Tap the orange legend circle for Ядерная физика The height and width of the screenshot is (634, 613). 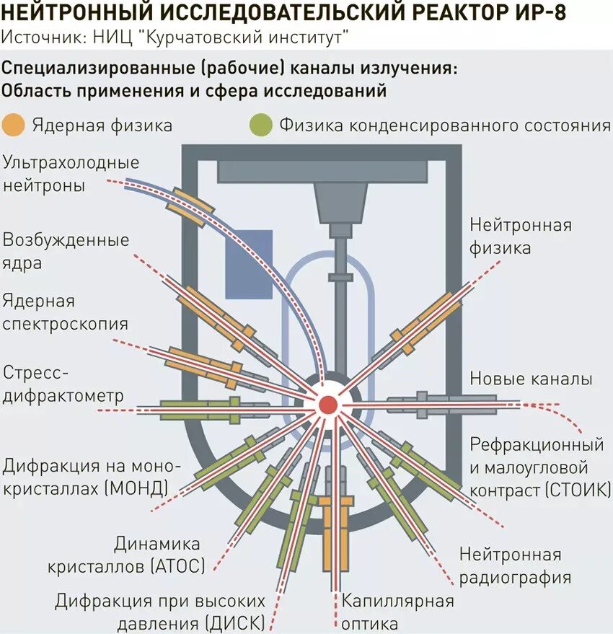click(x=14, y=125)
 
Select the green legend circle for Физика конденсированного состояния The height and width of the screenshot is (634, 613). click(x=260, y=125)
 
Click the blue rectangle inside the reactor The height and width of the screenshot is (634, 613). click(x=249, y=264)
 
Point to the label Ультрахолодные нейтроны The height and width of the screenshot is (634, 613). click(x=71, y=173)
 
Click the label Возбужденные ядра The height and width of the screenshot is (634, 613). click(x=66, y=251)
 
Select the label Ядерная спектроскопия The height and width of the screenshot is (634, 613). click(x=65, y=312)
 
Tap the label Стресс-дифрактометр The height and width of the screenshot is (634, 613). click(x=63, y=384)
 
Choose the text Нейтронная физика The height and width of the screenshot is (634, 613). click(x=520, y=236)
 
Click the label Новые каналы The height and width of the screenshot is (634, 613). click(x=531, y=379)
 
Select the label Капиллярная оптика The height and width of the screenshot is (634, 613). click(x=397, y=611)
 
